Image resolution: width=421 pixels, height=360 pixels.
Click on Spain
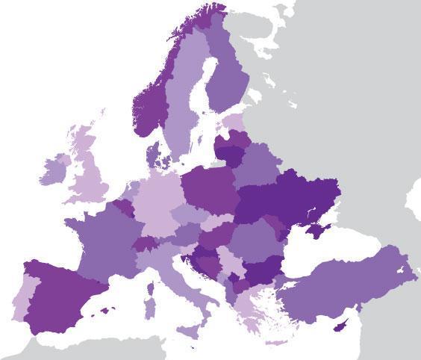tap(63, 295)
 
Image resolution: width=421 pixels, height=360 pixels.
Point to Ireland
tap(53, 171)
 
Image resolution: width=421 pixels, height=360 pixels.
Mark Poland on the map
tap(209, 190)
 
